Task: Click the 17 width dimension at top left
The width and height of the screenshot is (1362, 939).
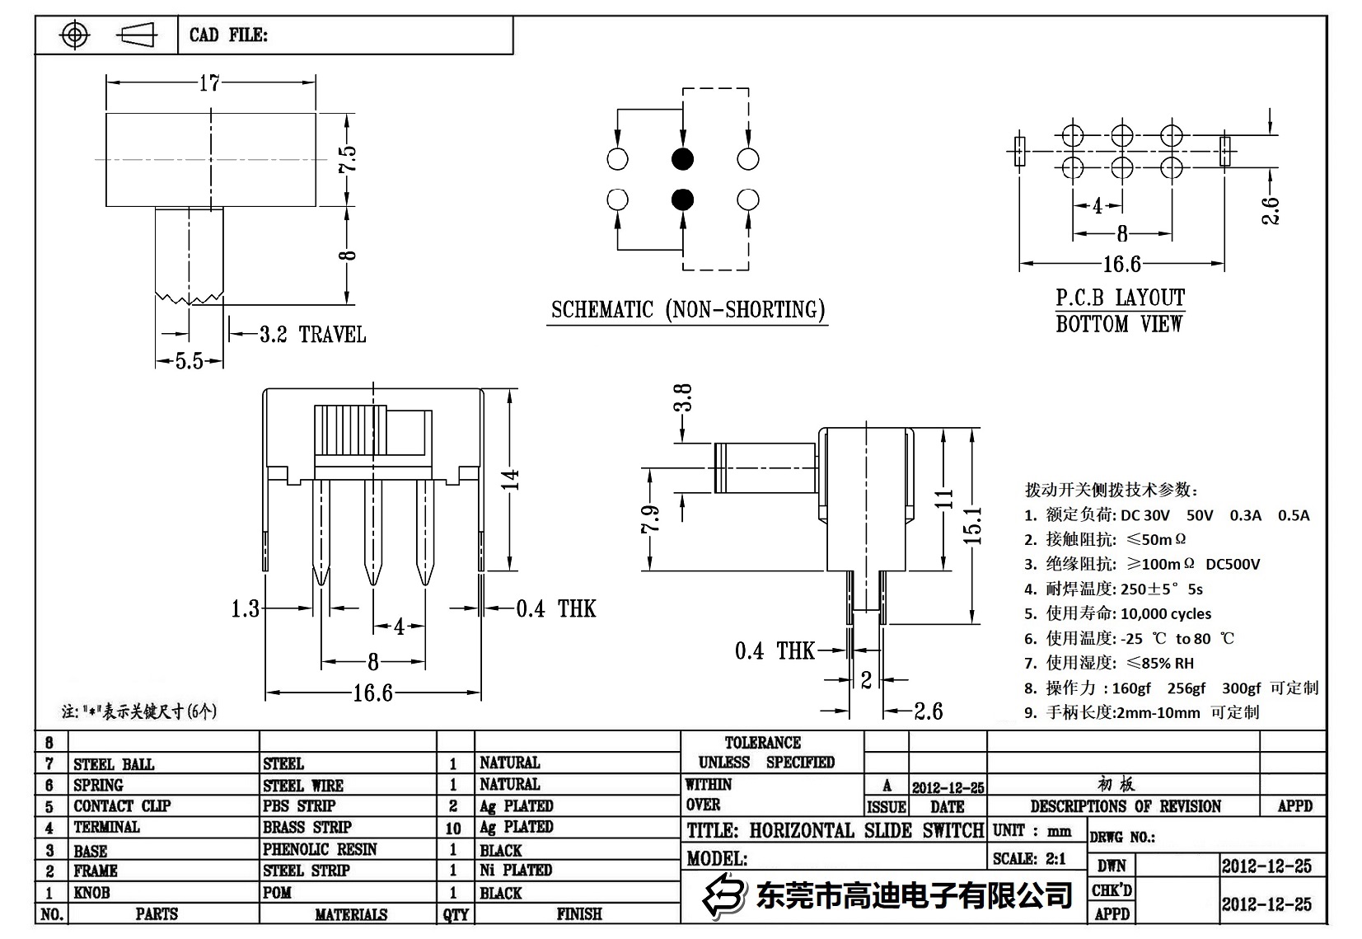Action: (x=209, y=82)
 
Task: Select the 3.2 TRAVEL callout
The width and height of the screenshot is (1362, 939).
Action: (x=312, y=335)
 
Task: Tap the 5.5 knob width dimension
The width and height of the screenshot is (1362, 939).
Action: (x=189, y=361)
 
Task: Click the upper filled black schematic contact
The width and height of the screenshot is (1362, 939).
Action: (x=682, y=159)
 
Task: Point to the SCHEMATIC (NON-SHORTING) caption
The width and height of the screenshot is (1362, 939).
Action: (x=687, y=310)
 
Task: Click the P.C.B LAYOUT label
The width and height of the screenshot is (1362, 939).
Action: (x=1120, y=298)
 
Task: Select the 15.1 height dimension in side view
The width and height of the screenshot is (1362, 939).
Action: (x=972, y=525)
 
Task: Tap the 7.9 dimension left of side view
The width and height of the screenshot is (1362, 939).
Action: (x=650, y=519)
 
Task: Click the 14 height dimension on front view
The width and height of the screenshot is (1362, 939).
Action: (x=511, y=479)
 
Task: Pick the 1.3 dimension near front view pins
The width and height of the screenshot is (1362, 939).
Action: (x=245, y=608)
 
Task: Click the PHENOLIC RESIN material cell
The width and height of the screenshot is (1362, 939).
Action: (x=320, y=849)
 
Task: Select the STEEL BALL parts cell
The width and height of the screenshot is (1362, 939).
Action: (x=114, y=764)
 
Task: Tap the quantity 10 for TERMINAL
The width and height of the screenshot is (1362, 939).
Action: (x=453, y=828)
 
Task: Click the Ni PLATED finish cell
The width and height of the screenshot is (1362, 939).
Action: (x=516, y=870)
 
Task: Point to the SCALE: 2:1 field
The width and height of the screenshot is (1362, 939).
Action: (x=1029, y=858)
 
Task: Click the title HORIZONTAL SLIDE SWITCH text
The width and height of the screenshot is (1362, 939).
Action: (x=835, y=830)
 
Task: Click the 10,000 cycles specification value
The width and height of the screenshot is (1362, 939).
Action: (x=1165, y=613)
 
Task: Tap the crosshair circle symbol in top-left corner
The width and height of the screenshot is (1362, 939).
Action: (x=75, y=35)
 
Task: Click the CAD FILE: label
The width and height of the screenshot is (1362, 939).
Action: (x=228, y=35)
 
